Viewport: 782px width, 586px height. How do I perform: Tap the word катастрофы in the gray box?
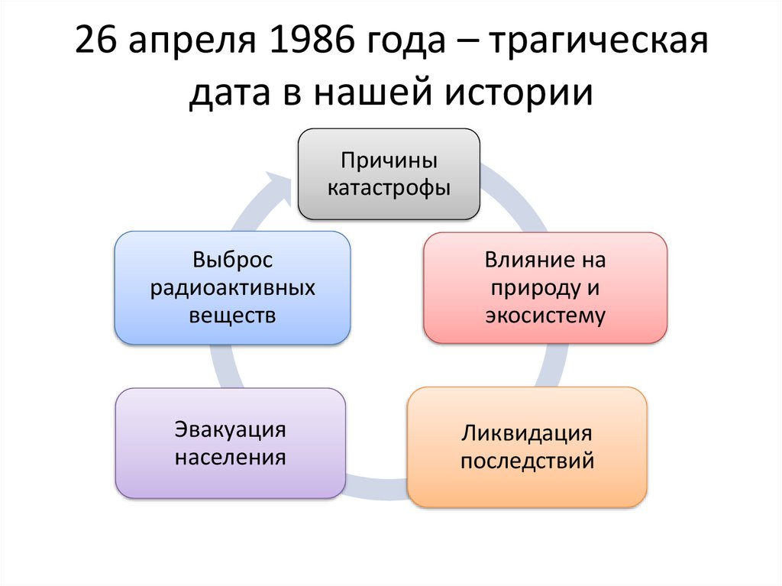coord(389,187)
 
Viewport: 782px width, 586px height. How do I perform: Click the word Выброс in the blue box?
coord(232,260)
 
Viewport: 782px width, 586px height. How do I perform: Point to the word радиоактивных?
coord(232,287)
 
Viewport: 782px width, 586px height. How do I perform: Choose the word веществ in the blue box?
coord(232,315)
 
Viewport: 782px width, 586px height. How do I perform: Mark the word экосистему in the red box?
coord(545,315)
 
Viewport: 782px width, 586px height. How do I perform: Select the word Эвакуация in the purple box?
coord(230,429)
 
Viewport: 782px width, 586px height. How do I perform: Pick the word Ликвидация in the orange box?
coord(527,433)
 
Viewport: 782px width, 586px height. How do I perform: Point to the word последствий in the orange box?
coord(527,461)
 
